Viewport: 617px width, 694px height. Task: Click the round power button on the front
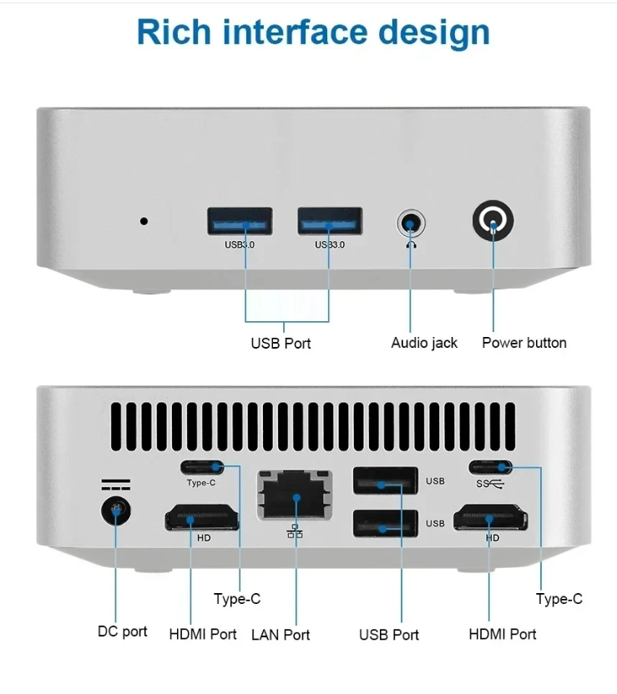493,223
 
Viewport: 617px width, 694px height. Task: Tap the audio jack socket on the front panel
410,224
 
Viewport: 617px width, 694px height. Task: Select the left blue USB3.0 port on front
240,222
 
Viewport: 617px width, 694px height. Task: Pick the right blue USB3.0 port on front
330,222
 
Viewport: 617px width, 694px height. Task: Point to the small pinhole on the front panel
144,221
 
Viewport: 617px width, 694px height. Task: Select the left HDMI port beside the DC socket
202,518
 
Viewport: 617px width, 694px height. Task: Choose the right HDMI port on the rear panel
491,518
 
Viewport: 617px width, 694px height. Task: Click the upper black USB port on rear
385,482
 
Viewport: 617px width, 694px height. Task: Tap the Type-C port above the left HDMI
202,467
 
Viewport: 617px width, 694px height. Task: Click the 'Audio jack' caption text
424,343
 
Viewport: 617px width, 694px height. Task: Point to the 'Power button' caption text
524,343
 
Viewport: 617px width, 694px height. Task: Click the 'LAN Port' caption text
281,635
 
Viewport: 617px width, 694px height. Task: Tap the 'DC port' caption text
123,631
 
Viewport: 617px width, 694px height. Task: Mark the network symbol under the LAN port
295,531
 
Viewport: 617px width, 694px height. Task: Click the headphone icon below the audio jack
410,244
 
